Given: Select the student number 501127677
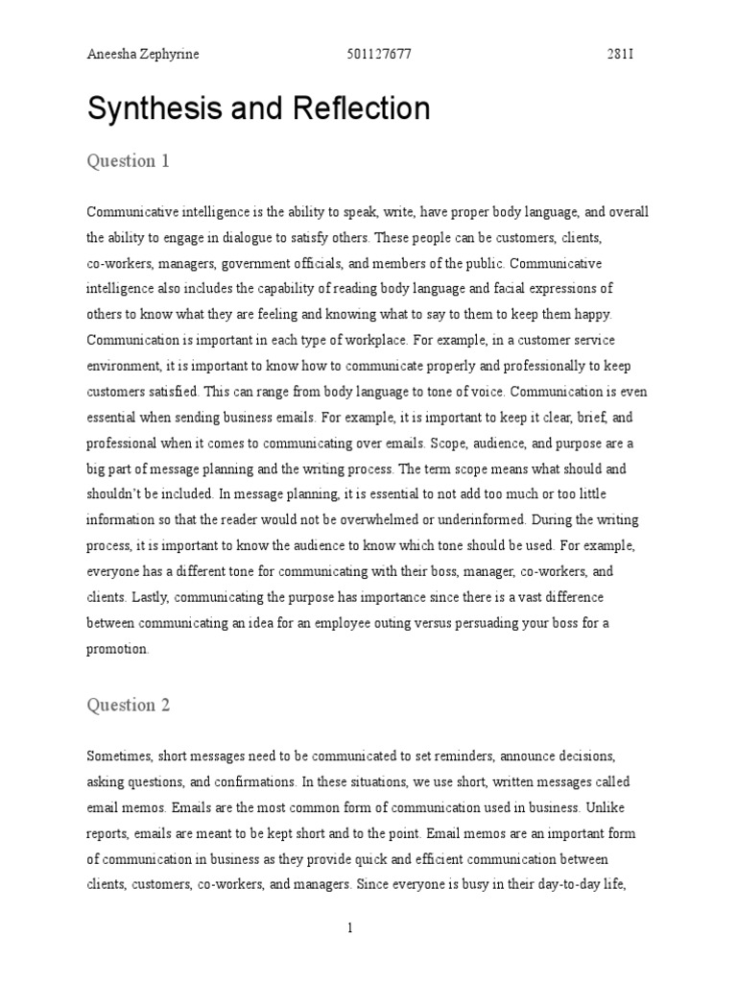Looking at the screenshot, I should click(x=377, y=54).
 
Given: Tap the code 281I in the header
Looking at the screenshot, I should click(x=620, y=54).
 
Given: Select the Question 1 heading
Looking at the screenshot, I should click(x=129, y=160).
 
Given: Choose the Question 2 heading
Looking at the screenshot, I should click(x=129, y=705).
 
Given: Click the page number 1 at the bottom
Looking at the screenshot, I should click(x=351, y=928).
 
